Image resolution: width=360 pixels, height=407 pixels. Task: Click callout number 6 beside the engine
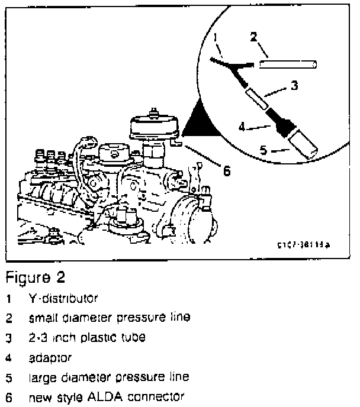tap(225, 170)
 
